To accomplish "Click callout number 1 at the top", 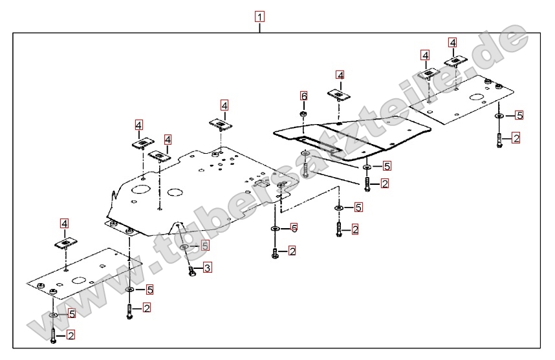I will click(259, 17).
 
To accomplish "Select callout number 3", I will click(207, 268).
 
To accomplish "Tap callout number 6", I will click(304, 96).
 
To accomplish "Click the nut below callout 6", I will click(303, 114).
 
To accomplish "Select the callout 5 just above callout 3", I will click(204, 246).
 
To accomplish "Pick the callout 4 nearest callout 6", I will click(340, 76).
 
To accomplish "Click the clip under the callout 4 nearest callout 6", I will click(339, 96).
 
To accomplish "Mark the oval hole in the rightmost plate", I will click(476, 99).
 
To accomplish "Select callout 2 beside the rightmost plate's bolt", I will click(516, 138).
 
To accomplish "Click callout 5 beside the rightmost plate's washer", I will click(519, 116).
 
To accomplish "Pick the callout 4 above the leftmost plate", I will click(64, 224).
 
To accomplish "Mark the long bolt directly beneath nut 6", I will click(304, 164).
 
